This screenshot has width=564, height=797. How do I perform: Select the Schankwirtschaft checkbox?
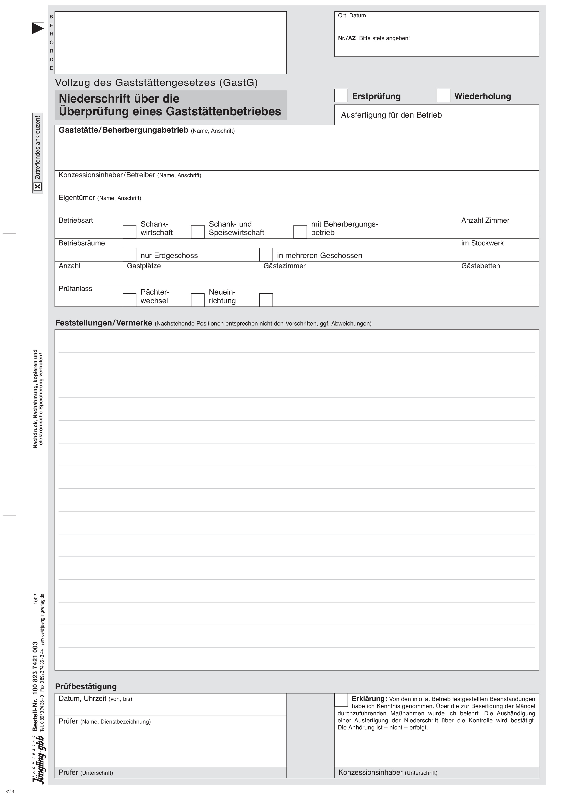129,232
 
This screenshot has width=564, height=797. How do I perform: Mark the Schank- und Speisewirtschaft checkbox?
198,232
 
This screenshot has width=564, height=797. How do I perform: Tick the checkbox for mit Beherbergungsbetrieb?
300,232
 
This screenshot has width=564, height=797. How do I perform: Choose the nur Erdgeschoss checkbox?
129,255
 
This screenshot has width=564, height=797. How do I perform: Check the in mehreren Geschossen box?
266,255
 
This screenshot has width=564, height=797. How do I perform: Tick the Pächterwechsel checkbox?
129,300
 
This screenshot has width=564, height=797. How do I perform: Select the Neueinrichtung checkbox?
198,300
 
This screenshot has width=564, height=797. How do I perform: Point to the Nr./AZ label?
346,38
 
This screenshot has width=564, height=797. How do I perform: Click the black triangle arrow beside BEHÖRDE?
38,28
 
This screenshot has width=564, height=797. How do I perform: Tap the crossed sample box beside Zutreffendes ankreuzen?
38,187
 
